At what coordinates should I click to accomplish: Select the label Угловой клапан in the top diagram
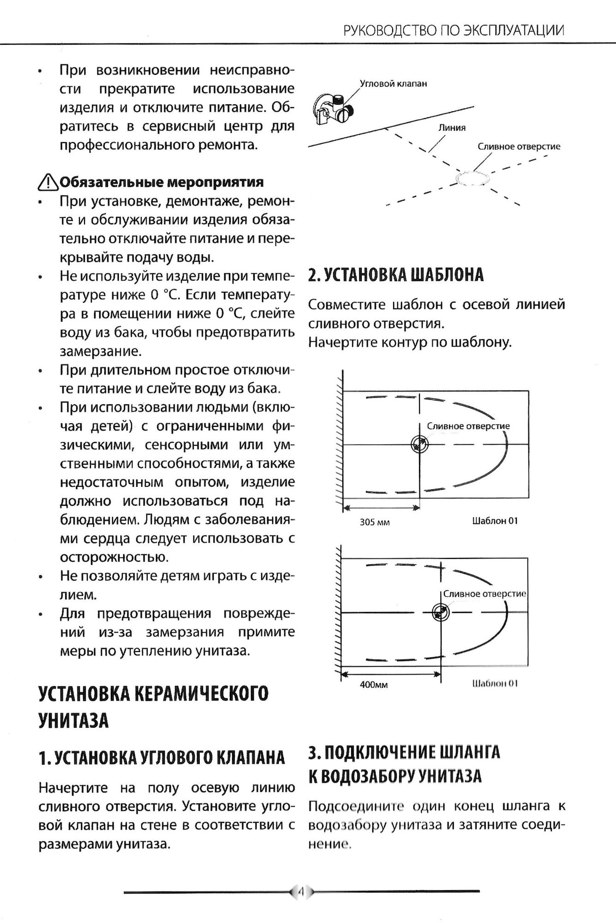(x=393, y=84)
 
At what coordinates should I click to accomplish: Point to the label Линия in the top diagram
(x=452, y=128)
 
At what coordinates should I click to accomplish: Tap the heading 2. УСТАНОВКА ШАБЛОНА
(x=396, y=275)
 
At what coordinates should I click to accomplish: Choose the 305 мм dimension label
(x=375, y=522)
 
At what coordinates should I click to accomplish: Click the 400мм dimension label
(x=374, y=685)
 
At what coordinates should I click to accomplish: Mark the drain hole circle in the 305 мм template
(x=419, y=444)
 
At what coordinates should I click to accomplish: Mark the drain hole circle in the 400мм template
(x=441, y=612)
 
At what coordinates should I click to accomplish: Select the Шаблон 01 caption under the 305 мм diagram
(x=495, y=521)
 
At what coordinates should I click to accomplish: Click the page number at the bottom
(x=301, y=892)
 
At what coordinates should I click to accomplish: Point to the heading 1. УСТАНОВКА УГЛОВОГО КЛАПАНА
(x=162, y=758)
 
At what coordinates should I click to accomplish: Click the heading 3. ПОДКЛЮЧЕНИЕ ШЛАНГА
(x=404, y=753)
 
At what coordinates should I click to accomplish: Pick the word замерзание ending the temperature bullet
(x=101, y=351)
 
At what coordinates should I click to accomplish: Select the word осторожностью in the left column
(x=114, y=557)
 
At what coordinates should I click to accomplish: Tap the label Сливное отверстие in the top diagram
(x=519, y=146)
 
